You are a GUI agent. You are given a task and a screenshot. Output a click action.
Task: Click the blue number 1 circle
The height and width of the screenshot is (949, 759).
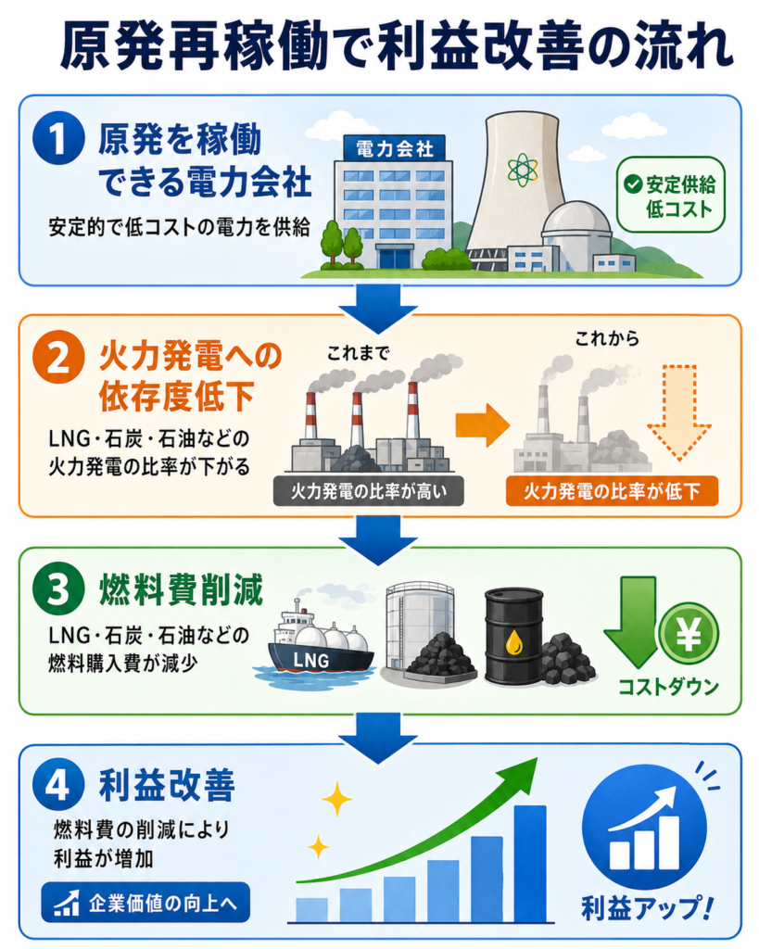[57, 139]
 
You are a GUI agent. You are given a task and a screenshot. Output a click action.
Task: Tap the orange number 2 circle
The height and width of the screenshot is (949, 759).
[57, 358]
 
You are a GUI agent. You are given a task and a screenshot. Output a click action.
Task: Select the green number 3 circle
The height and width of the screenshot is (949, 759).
[57, 589]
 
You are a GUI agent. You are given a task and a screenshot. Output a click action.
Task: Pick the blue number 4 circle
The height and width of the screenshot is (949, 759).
[57, 786]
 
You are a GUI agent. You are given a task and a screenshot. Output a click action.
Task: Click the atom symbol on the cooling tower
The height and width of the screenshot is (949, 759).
[522, 170]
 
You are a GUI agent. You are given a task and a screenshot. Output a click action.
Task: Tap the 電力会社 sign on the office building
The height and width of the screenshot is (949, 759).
[394, 148]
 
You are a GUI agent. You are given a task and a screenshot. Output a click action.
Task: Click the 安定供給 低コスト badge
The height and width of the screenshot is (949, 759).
[671, 195]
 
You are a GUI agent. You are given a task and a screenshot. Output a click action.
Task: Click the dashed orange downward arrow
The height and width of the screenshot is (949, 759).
[678, 412]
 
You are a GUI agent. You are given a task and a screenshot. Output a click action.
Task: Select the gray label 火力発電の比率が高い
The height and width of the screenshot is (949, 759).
[368, 491]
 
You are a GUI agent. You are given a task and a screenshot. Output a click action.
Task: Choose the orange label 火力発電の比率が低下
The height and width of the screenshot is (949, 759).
[612, 491]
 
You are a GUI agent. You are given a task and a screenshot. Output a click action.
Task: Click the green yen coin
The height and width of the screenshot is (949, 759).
[689, 634]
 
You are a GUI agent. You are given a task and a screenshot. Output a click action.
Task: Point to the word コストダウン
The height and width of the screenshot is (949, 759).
[668, 688]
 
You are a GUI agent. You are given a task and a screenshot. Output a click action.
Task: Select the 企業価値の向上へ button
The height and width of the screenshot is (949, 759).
[145, 903]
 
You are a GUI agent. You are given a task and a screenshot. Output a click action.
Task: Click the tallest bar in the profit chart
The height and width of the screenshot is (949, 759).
[530, 864]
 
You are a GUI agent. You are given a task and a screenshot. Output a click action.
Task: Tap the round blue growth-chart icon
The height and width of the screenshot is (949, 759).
[645, 828]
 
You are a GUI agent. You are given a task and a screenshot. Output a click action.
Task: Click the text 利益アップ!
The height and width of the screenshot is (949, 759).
[647, 908]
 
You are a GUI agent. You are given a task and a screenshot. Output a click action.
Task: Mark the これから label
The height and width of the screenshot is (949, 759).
[607, 338]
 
